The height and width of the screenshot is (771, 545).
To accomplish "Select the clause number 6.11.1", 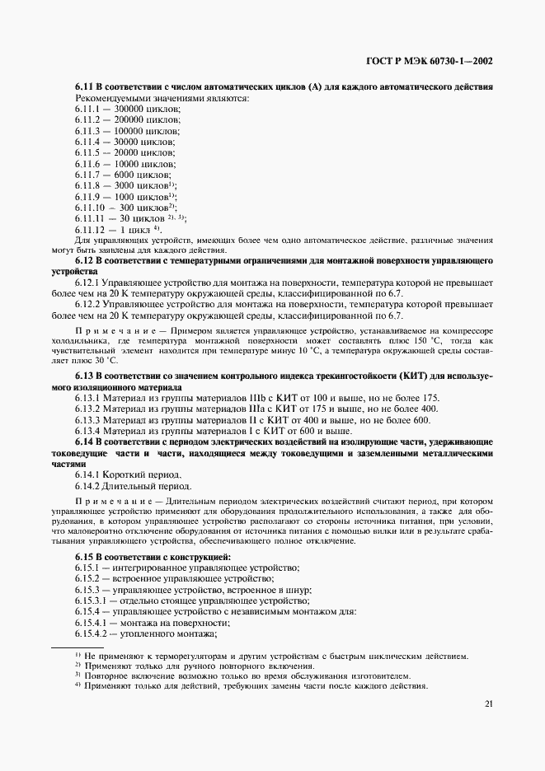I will pyautogui.click(x=87, y=109).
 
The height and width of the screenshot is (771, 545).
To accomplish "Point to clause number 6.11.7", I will pyautogui.click(x=87, y=174).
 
